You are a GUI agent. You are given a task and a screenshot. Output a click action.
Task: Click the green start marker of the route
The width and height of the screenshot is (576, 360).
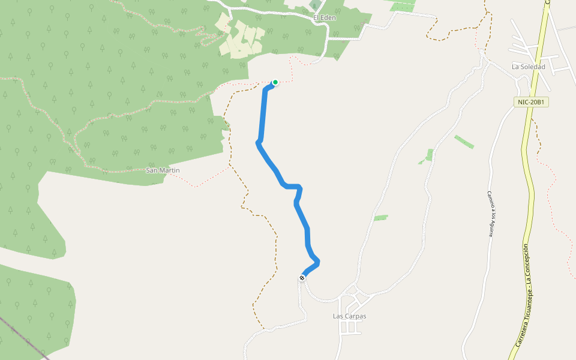[275, 82]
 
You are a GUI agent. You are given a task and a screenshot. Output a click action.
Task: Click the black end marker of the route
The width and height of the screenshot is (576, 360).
[302, 278]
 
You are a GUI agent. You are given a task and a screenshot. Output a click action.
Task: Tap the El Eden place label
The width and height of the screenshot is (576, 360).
[325, 18]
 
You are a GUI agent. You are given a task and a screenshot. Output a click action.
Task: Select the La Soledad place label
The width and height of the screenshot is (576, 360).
[528, 67]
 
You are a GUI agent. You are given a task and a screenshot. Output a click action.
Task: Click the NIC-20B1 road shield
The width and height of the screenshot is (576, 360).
[532, 102]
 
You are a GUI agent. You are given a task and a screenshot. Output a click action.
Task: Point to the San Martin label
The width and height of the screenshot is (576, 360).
[163, 170]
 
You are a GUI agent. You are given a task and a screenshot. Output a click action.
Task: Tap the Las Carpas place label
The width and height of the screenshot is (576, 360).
[349, 316]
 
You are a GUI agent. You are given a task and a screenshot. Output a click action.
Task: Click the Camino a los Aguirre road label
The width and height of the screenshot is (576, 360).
[490, 214]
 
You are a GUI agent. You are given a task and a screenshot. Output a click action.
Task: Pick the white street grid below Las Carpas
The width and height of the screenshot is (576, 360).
[351, 327]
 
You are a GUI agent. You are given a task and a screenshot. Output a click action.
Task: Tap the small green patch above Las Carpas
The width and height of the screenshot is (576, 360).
[380, 217]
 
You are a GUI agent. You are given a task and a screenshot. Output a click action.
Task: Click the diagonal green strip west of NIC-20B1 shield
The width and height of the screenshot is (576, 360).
[464, 142]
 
